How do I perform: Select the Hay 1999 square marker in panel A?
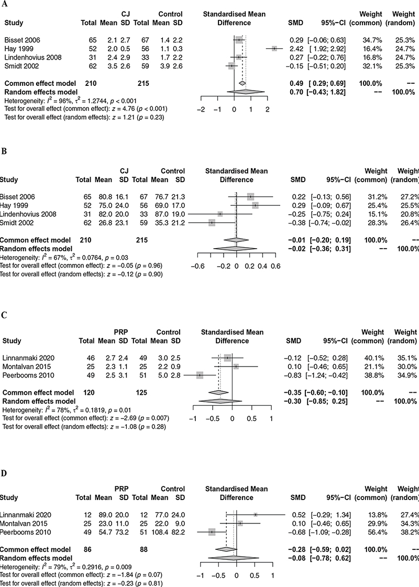click(274, 49)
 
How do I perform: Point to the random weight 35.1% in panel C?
click(406, 357)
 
